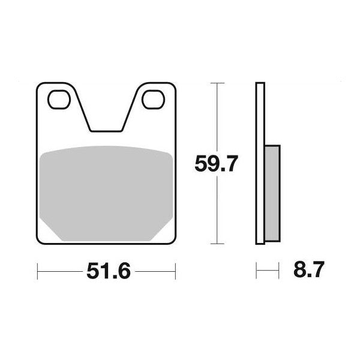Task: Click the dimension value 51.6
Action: [x=108, y=271]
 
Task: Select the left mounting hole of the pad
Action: [x=59, y=100]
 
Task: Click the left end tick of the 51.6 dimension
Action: [x=38, y=271]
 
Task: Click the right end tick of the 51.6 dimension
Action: [x=176, y=271]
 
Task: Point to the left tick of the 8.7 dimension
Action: [x=257, y=271]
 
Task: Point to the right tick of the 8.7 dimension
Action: [x=280, y=271]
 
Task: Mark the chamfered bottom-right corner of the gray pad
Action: [x=166, y=233]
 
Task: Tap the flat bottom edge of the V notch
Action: [x=107, y=130]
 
